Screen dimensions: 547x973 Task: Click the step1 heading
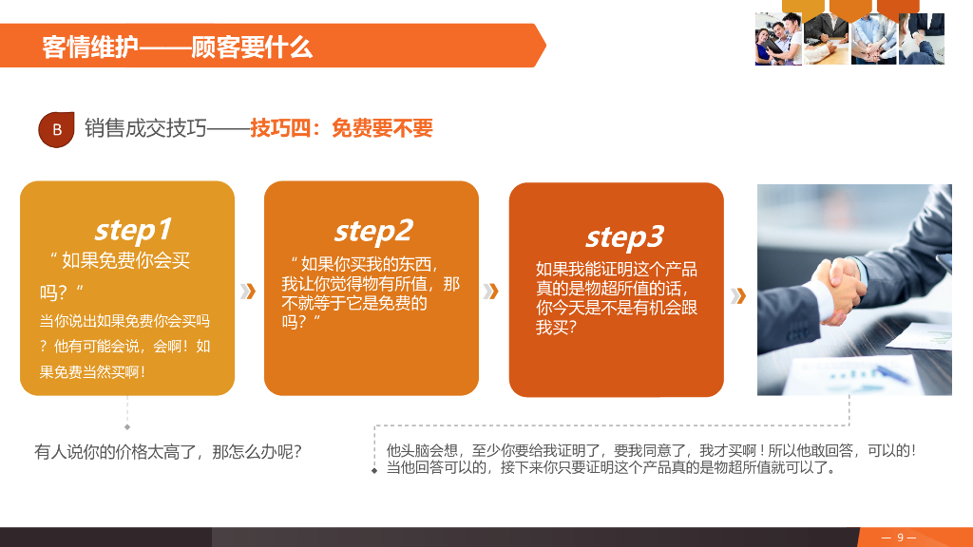pos(133,229)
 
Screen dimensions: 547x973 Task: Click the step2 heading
pos(373,230)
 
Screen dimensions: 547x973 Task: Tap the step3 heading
pos(624,236)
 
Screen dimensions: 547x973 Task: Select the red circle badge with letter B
pos(56,129)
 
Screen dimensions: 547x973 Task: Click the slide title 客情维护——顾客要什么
pos(178,47)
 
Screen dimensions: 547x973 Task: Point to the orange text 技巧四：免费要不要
pos(341,128)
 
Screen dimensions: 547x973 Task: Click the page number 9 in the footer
pos(900,538)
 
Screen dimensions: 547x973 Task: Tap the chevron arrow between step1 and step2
pos(249,291)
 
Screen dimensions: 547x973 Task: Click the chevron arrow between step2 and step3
pos(491,291)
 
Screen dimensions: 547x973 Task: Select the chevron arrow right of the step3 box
pos(738,295)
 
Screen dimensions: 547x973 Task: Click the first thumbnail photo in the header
pos(778,39)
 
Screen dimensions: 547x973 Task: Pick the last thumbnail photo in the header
pos(922,39)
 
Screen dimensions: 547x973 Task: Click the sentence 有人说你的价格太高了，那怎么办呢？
pos(168,452)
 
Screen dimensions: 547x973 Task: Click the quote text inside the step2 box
pos(370,292)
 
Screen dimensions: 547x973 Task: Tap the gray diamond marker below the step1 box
pos(127,427)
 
